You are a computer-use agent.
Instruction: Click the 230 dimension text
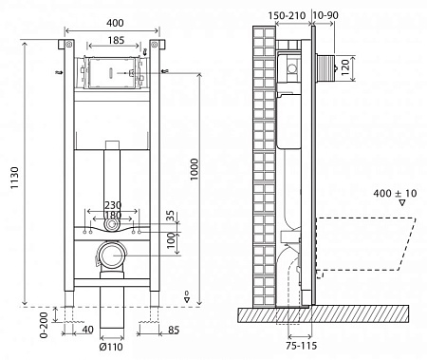point(111,204)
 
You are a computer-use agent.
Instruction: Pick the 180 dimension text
point(111,215)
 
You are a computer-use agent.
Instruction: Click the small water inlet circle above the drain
point(112,226)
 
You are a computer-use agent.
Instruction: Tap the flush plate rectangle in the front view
point(112,72)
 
